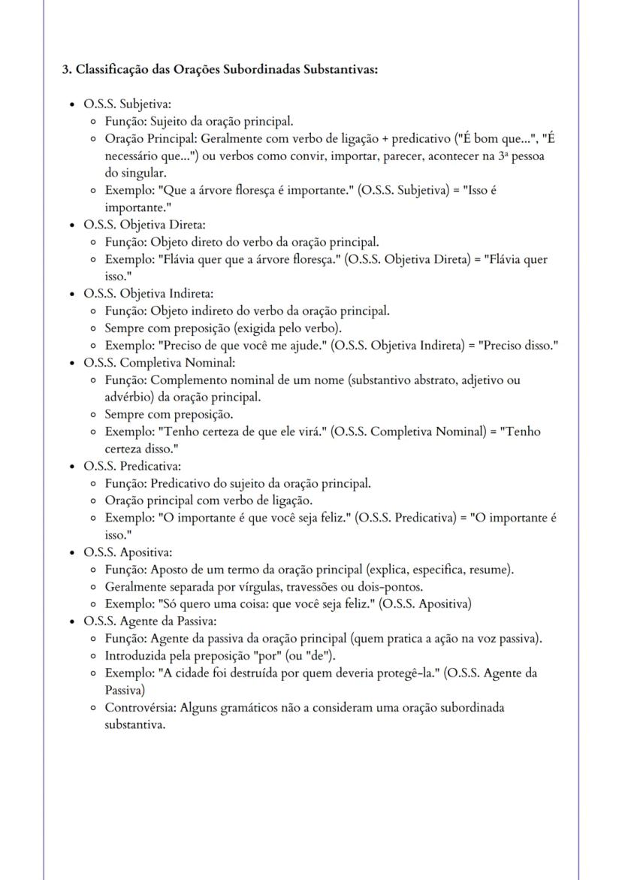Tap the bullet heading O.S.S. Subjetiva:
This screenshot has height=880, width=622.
tap(128, 104)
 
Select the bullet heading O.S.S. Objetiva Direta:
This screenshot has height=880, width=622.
tap(144, 225)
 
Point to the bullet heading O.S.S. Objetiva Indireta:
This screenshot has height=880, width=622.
tap(149, 293)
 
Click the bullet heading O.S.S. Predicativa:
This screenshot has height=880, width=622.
tap(132, 466)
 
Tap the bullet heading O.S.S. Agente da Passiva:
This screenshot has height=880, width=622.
tap(150, 621)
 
